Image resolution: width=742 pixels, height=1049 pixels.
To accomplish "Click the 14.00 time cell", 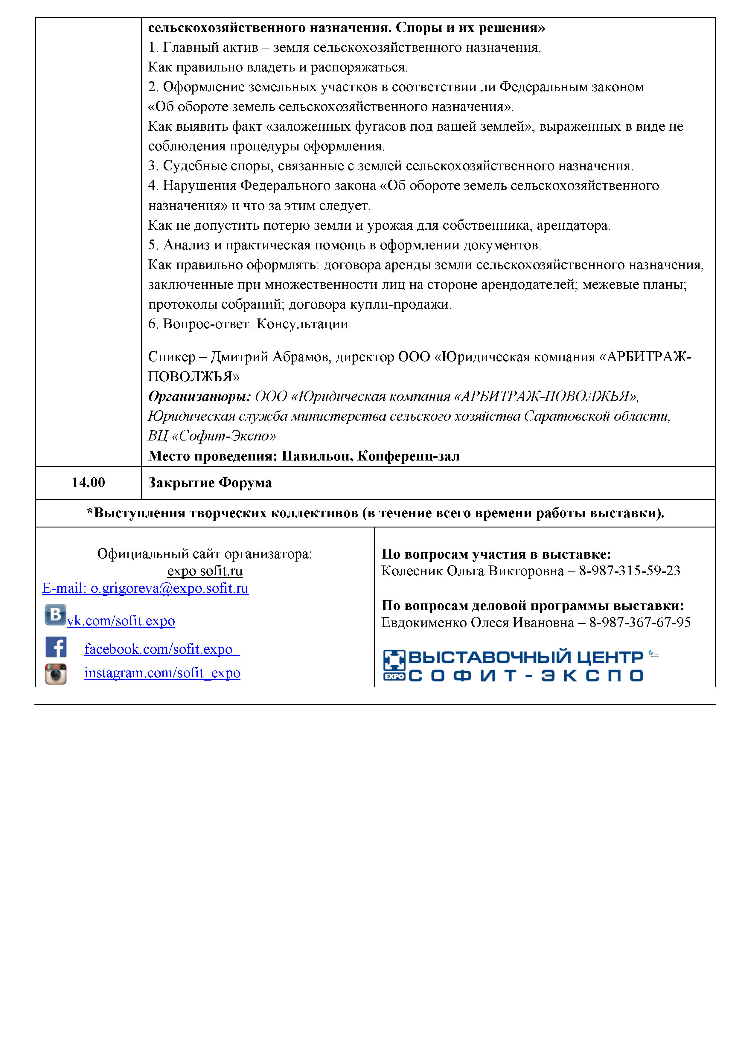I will [x=88, y=482].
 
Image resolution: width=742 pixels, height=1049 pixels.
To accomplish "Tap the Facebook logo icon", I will [x=56, y=647].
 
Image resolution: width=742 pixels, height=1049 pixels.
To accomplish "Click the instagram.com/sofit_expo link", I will [x=162, y=673].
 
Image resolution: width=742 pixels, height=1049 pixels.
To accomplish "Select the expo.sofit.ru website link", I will [x=205, y=571].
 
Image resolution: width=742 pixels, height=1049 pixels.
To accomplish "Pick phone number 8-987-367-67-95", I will [x=640, y=623].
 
